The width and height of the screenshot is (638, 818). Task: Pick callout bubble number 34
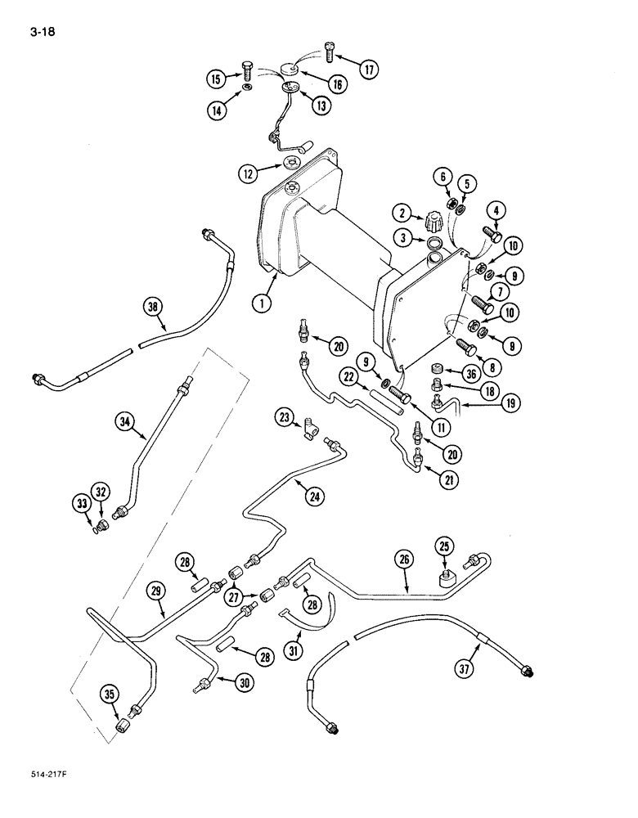tap(125, 422)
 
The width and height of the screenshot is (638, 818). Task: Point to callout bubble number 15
tap(216, 79)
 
